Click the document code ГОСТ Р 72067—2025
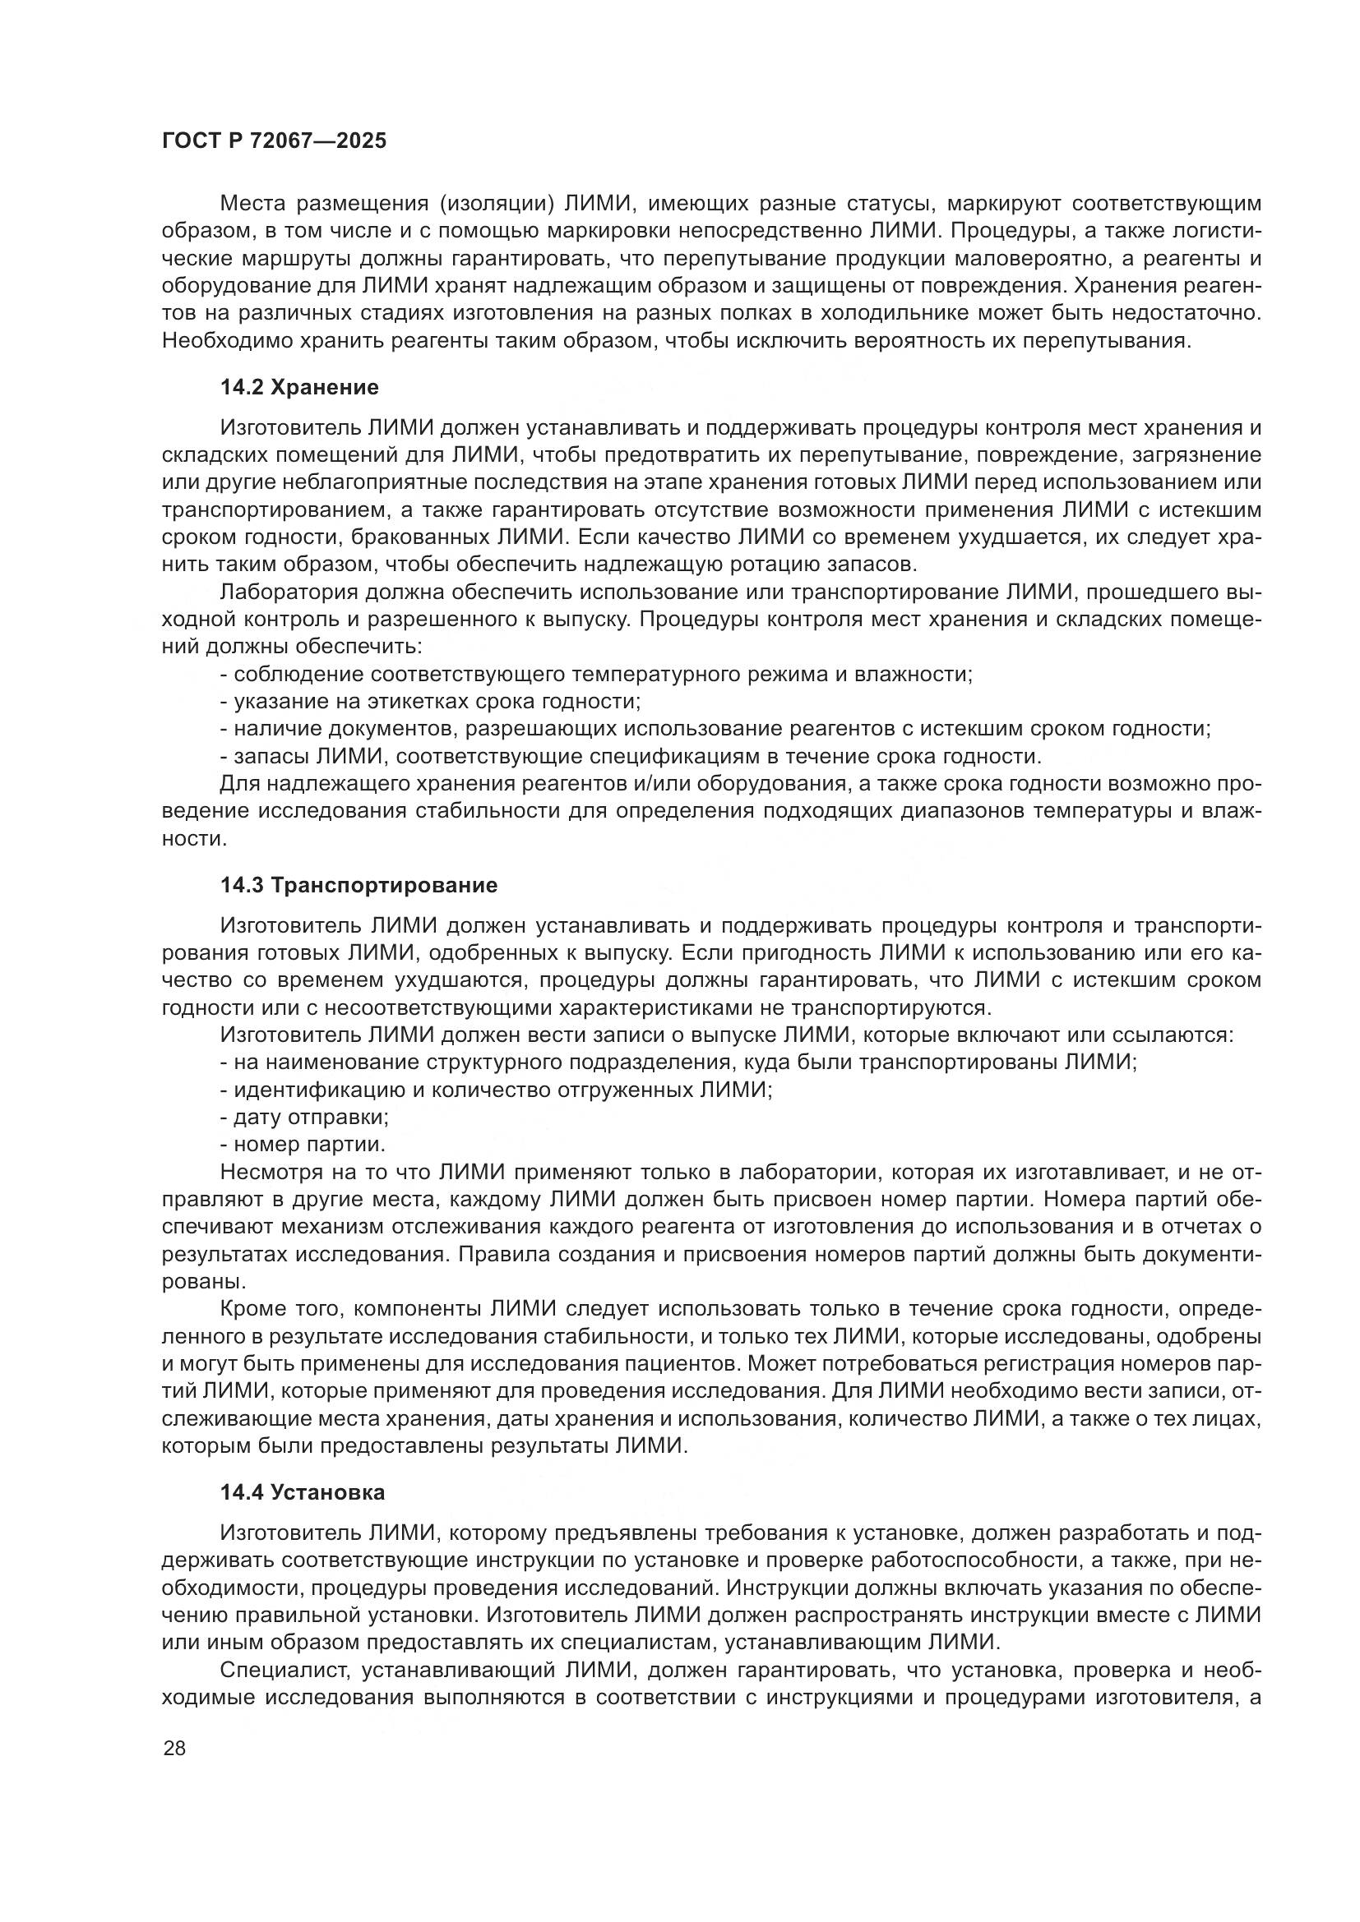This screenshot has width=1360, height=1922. pos(274,141)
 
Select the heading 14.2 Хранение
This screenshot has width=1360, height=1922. pos(299,387)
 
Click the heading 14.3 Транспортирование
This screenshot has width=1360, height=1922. pos(359,885)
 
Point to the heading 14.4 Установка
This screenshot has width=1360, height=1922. pos(303,1491)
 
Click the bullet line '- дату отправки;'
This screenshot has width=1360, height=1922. pos(304,1117)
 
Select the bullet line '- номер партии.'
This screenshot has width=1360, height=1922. pos(303,1145)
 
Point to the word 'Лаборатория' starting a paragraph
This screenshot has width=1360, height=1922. pos(285,592)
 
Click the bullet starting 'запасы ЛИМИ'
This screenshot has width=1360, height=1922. pos(631,756)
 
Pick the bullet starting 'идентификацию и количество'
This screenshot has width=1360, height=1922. pos(496,1089)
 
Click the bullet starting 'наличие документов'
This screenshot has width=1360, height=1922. pos(715,728)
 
